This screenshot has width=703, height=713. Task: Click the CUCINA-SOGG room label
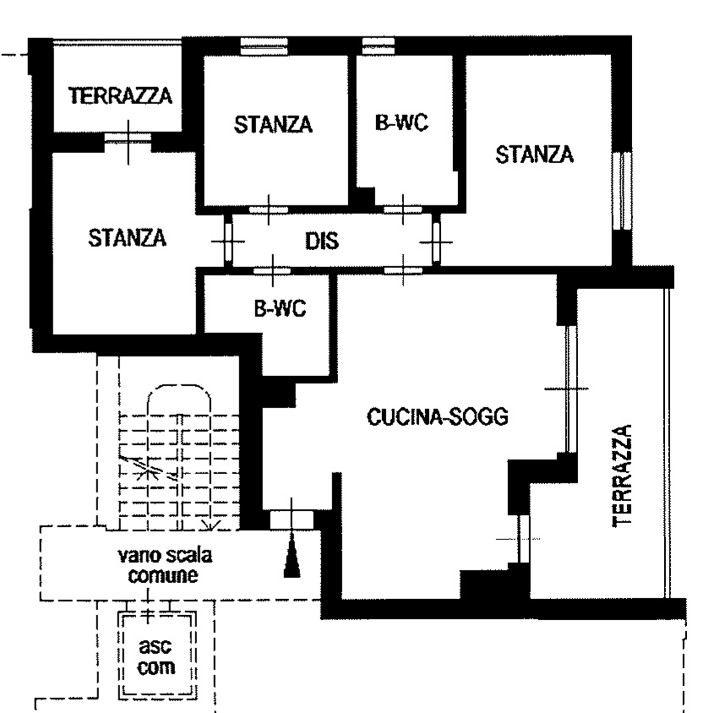pyautogui.click(x=438, y=416)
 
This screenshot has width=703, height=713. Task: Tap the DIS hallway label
pyautogui.click(x=322, y=241)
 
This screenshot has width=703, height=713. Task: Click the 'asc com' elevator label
pyautogui.click(x=156, y=656)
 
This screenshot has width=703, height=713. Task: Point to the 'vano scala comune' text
pyautogui.click(x=164, y=565)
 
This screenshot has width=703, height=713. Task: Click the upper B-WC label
pyautogui.click(x=401, y=122)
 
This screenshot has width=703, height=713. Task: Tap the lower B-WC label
pyautogui.click(x=281, y=308)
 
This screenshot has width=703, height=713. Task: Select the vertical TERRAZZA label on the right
pyautogui.click(x=623, y=476)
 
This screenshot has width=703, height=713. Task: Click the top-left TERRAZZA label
pyautogui.click(x=121, y=95)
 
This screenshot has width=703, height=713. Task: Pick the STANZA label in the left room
pyautogui.click(x=128, y=238)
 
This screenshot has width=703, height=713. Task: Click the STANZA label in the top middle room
pyautogui.click(x=273, y=124)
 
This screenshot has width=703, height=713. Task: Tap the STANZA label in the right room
pyautogui.click(x=534, y=155)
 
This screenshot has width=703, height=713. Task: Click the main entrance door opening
pyautogui.click(x=292, y=520)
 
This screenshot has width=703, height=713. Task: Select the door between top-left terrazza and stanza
pyautogui.click(x=128, y=138)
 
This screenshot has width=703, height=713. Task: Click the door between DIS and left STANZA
pyautogui.click(x=228, y=241)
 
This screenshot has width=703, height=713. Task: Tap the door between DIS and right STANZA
pyautogui.click(x=436, y=242)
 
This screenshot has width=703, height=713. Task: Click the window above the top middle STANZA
pyautogui.click(x=264, y=46)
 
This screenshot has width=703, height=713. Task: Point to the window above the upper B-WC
pyautogui.click(x=379, y=46)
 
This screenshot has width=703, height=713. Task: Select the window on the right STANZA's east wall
pyautogui.click(x=622, y=192)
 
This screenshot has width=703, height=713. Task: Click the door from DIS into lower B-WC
pyautogui.click(x=272, y=271)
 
